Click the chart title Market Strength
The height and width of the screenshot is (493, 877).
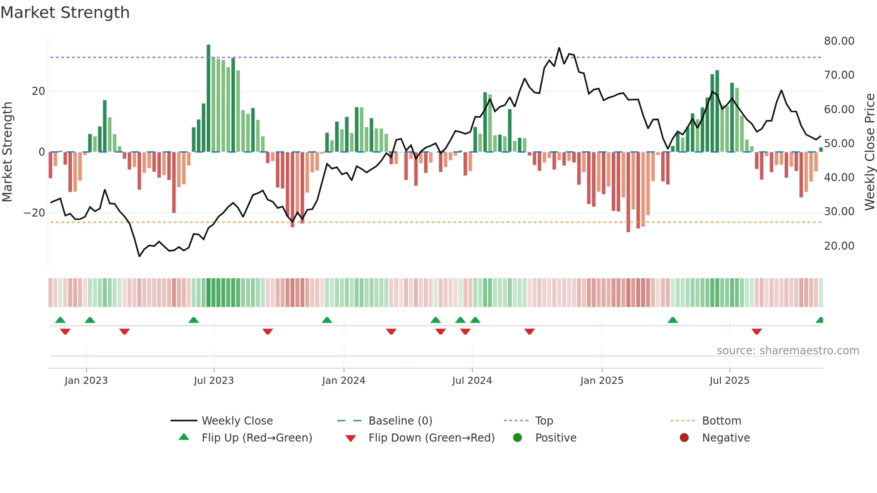tap(65, 13)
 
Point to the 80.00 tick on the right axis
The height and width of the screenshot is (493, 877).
tap(839, 41)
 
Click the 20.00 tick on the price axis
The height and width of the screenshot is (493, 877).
tap(839, 246)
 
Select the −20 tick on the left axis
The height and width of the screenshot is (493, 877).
tap(34, 213)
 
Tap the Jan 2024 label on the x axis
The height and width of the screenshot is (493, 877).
tap(343, 381)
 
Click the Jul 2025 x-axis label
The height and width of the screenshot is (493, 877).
tap(729, 381)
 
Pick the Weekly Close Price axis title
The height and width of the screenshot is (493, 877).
tap(869, 152)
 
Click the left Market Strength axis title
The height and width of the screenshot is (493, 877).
tap(7, 152)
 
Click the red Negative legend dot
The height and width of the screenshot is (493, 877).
tap(684, 438)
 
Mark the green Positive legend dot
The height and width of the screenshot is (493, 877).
tap(517, 438)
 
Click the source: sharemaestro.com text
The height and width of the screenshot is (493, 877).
tap(788, 351)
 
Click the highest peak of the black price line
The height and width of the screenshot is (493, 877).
tap(559, 48)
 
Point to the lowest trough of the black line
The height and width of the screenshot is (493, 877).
tap(139, 256)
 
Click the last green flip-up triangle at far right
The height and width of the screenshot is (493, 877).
tap(820, 320)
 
